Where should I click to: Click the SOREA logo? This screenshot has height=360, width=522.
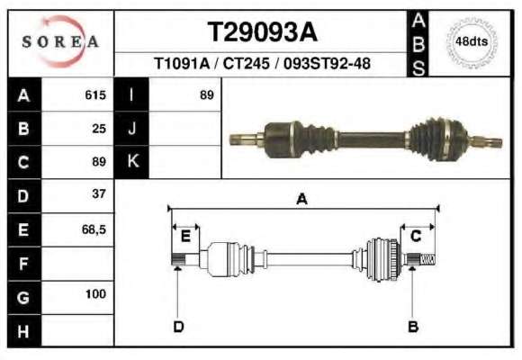click(x=60, y=41)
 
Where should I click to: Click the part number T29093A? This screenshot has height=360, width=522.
click(x=262, y=32)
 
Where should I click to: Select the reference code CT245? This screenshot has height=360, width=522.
click(x=246, y=63)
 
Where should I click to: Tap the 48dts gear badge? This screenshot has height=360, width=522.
click(x=472, y=42)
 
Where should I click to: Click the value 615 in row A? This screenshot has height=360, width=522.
click(x=95, y=94)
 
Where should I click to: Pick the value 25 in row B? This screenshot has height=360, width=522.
click(x=99, y=129)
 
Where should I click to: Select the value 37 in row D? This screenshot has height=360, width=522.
click(x=99, y=193)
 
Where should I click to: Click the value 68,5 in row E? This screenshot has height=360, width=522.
click(x=94, y=229)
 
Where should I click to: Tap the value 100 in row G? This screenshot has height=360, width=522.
click(x=95, y=294)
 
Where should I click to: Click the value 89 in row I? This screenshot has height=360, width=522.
click(x=207, y=95)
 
